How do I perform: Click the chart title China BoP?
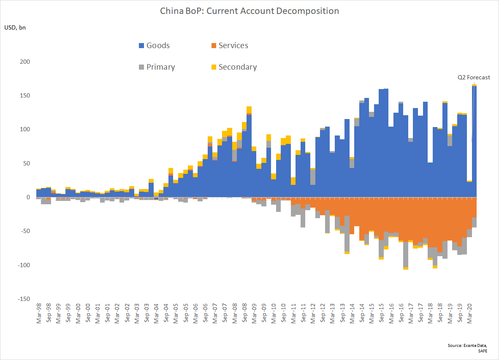click(249, 11)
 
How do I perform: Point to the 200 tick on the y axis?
click(25, 62)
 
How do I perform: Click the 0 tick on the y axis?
click(28, 197)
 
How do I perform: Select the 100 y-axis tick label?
click(25, 130)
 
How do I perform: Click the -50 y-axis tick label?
click(25, 231)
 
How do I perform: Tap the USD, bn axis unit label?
click(15, 28)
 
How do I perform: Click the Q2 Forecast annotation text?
click(474, 77)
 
